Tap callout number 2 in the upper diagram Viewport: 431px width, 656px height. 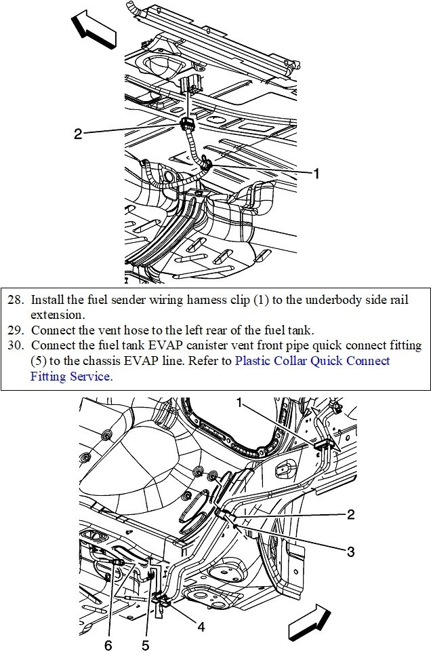point(78,134)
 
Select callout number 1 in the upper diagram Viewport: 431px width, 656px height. point(316,173)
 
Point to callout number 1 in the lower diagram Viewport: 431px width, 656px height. point(239,403)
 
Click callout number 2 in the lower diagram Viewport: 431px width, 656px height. point(350,515)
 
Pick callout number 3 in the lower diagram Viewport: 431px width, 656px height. point(350,552)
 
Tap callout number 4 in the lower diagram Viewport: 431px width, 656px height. point(201,627)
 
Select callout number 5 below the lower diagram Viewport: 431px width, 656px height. point(145,645)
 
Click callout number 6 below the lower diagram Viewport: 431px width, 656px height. point(108,645)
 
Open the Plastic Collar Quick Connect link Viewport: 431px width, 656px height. point(312,361)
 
